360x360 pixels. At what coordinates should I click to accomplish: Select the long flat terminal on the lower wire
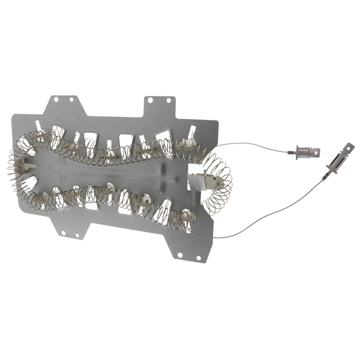click(337, 164)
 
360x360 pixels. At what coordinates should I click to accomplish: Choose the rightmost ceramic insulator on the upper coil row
click(183, 143)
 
